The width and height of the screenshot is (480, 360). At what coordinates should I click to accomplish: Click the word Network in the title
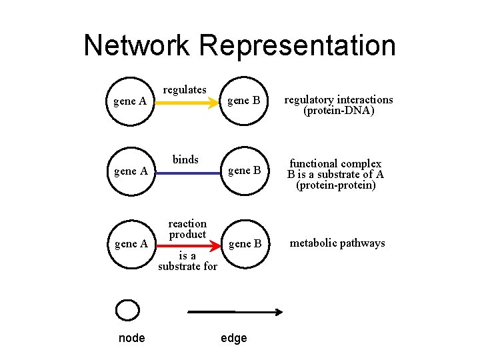(x=137, y=45)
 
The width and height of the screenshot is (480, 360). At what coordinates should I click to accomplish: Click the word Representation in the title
(x=297, y=45)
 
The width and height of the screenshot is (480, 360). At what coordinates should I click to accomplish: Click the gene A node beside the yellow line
(x=131, y=102)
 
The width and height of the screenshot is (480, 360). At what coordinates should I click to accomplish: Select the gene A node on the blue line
(x=131, y=171)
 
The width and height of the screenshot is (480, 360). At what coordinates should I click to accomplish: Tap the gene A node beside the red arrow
(x=131, y=244)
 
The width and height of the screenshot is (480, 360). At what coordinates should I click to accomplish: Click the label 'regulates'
(x=185, y=89)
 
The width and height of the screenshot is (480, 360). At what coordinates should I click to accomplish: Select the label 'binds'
(x=185, y=159)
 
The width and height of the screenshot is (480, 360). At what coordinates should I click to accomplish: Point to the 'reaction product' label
(x=187, y=229)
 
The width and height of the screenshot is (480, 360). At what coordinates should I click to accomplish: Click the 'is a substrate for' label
(x=187, y=261)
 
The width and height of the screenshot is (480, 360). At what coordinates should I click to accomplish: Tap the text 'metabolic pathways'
(x=337, y=243)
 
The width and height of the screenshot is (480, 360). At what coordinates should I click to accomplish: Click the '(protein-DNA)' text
(x=339, y=111)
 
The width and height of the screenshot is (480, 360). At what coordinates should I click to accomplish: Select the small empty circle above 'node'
(x=127, y=310)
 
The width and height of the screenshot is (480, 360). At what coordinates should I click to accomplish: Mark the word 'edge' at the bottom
(x=233, y=338)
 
